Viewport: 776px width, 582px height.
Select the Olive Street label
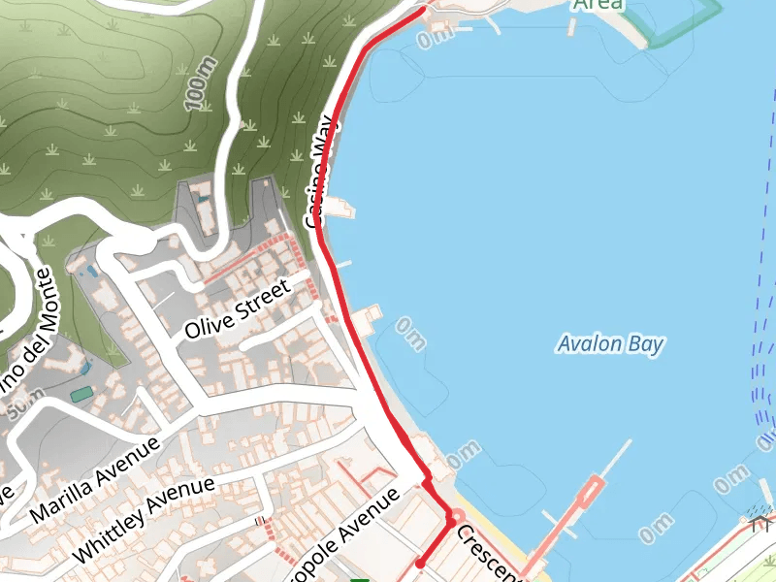pyautogui.click(x=238, y=309)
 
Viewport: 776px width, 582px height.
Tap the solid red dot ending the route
pyautogui.click(x=420, y=563)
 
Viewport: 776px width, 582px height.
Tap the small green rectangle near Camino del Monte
pyautogui.click(x=81, y=394)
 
